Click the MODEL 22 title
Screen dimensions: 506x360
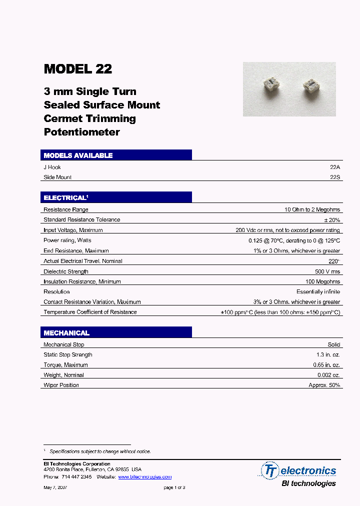tap(78, 69)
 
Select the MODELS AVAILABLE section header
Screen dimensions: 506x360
tap(78, 155)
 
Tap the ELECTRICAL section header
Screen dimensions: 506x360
tap(65, 198)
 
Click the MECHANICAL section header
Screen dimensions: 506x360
tap(66, 333)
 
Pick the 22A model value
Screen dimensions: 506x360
tap(334, 167)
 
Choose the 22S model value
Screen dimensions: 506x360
tap(334, 177)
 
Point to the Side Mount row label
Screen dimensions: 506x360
tap(57, 177)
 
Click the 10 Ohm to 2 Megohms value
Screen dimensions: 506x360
tap(312, 210)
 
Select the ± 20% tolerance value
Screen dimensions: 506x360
tap(331, 220)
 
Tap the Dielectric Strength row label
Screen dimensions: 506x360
tap(66, 271)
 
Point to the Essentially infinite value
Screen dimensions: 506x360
tap(318, 292)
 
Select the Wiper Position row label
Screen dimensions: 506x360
tap(61, 385)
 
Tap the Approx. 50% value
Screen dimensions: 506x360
tap(324, 385)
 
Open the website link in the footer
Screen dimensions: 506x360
tap(144, 477)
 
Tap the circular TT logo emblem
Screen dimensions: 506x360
tap(270, 470)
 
